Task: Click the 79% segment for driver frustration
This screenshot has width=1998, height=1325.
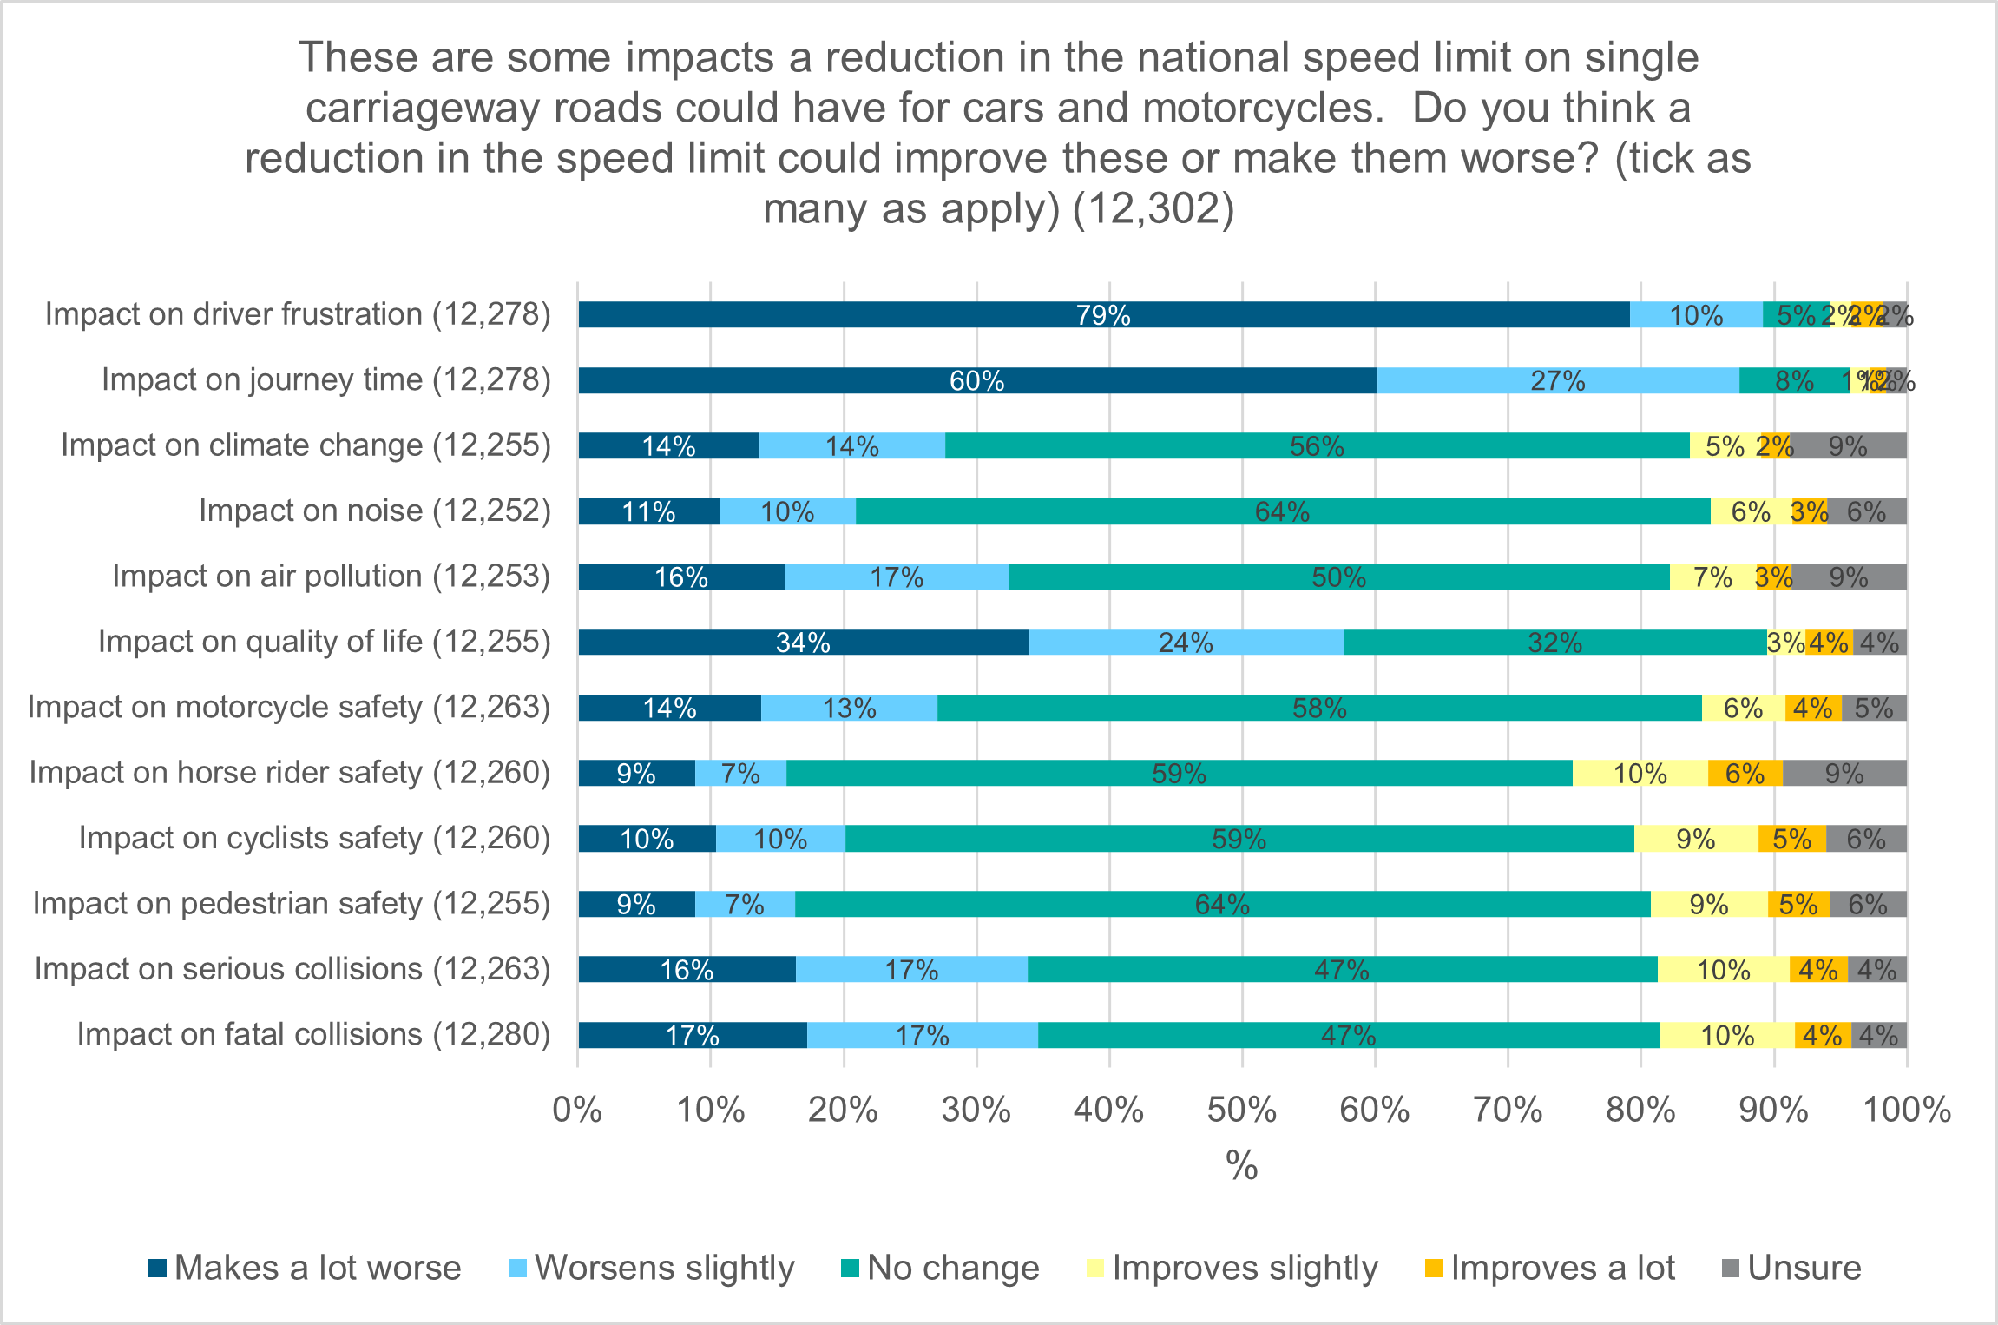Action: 1103,314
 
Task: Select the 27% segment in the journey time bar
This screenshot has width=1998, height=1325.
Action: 1557,380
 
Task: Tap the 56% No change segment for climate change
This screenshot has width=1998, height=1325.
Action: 1317,445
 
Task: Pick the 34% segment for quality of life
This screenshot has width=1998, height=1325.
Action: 803,642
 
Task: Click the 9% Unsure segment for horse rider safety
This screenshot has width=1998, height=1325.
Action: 1844,773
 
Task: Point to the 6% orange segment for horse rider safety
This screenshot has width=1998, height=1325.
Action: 1745,773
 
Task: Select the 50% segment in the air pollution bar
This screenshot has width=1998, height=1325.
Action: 1338,577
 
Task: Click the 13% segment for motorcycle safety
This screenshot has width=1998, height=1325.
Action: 849,708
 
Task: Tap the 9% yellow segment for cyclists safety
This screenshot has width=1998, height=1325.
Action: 1695,839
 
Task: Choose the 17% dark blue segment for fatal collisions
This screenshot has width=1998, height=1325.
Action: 692,1035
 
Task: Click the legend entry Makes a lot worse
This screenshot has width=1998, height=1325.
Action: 305,1268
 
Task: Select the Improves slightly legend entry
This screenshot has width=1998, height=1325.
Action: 1232,1268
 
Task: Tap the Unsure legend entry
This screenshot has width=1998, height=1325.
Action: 1791,1268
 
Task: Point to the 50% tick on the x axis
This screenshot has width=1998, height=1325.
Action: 1241,1110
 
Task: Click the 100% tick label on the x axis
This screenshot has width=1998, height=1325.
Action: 1906,1110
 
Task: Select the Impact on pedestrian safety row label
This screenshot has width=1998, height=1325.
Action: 292,904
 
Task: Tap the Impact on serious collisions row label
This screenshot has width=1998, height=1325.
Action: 292,969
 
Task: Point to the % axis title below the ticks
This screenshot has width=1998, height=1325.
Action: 1241,1165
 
